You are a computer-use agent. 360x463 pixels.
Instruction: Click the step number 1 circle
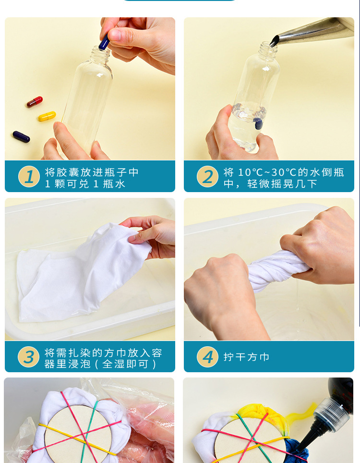[29, 177]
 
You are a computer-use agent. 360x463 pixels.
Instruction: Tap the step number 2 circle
[208, 177]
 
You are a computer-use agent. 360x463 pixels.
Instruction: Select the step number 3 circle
[29, 357]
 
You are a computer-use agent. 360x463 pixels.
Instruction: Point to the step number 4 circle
[208, 357]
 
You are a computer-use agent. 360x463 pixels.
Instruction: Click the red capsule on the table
[35, 102]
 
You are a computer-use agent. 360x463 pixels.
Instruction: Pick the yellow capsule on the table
[47, 116]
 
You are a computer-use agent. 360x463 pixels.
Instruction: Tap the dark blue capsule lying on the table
[21, 137]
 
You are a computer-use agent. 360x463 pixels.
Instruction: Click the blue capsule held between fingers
[104, 42]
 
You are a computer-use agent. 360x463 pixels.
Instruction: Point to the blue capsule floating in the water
[258, 124]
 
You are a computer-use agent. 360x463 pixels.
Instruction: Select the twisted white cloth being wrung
[277, 270]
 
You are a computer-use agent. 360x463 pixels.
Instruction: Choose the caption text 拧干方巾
[246, 357]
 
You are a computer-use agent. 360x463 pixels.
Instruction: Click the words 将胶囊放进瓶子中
[92, 172]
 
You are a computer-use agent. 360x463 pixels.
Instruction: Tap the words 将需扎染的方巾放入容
[103, 353]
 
